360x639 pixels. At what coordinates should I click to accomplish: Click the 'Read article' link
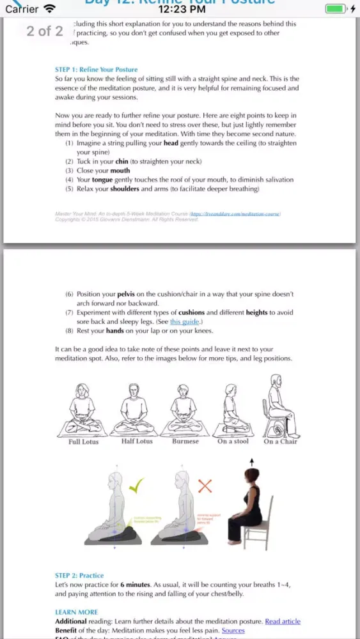[283, 621]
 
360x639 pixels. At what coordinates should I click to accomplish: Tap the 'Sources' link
[233, 630]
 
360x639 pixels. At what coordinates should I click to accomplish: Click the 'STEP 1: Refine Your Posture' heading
[97, 70]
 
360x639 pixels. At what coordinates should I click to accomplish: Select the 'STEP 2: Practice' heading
[79, 575]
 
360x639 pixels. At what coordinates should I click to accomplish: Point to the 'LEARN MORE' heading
[77, 612]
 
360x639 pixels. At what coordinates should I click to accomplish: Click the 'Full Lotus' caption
[83, 442]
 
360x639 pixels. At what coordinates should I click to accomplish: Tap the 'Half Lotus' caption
[136, 442]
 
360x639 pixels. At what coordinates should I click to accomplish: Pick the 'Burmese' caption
[185, 442]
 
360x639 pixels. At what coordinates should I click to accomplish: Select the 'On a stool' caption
[233, 442]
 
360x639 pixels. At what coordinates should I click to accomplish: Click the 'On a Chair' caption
[280, 442]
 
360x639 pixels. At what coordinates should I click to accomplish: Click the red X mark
[205, 486]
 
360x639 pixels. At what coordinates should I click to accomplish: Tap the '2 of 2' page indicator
[45, 31]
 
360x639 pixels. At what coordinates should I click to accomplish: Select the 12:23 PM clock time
[181, 9]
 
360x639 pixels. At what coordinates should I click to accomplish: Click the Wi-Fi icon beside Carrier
[49, 9]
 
